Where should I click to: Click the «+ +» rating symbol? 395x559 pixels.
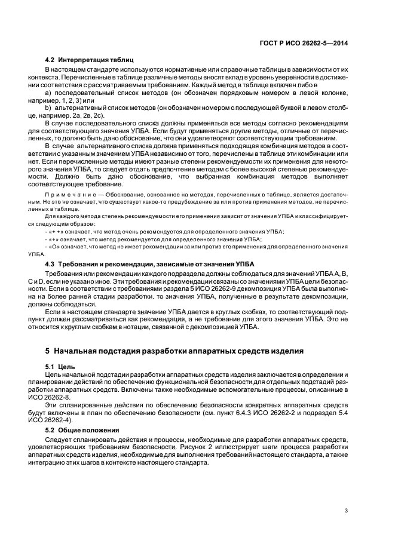tap(56, 231)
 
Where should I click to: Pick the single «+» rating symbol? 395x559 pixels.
tap(54, 238)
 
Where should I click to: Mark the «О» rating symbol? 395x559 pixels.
tap(54, 246)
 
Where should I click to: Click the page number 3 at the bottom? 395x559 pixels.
tap(346, 510)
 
